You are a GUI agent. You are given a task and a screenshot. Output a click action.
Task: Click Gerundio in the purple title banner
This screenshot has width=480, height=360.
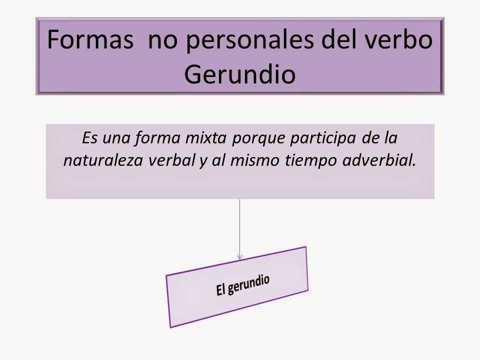pos(239,73)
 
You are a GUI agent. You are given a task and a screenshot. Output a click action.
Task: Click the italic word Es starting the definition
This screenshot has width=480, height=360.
pos(87,137)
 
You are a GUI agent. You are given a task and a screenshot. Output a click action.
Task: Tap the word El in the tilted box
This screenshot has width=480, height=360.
pos(221,290)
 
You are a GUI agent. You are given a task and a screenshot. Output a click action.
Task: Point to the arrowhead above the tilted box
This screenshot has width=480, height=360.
pos(240,256)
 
